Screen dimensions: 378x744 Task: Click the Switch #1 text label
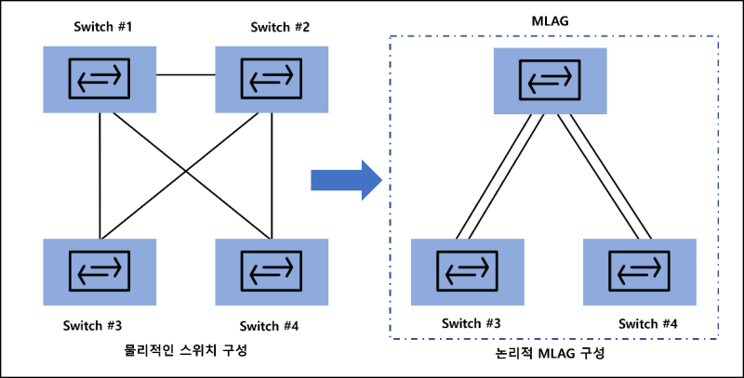103,26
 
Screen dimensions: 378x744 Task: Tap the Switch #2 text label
280,26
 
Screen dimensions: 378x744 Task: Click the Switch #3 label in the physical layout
93,325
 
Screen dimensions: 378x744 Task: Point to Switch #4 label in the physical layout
270,325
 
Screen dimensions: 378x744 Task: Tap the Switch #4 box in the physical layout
271,271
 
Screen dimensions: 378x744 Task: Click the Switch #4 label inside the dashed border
647,323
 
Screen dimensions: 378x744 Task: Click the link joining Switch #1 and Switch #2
186,74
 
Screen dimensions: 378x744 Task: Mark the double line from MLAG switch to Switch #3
502,176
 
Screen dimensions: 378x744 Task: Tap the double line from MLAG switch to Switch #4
604,176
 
